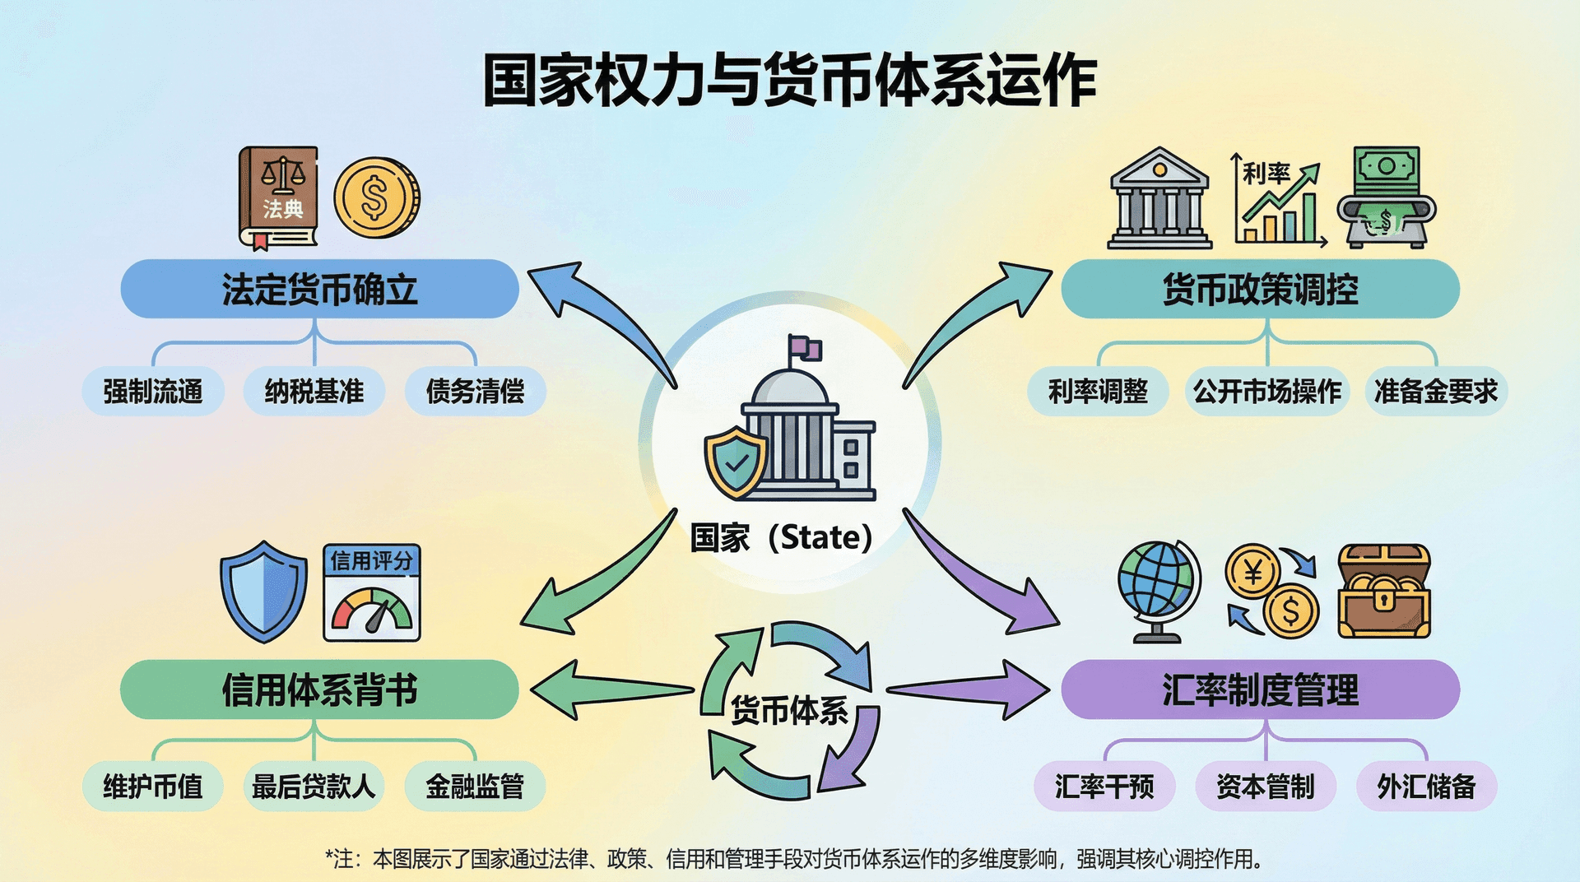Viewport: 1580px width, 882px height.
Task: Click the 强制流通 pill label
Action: [x=153, y=392]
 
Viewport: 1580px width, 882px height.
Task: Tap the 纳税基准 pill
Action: [x=314, y=392]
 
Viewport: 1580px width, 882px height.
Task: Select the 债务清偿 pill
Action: [x=476, y=392]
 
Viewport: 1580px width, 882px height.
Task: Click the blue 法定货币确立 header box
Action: [x=319, y=290]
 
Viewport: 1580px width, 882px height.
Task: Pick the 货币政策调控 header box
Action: [x=1260, y=290]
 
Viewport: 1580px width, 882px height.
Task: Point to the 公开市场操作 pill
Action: [x=1267, y=392]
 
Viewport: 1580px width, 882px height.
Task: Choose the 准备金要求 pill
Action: [x=1436, y=392]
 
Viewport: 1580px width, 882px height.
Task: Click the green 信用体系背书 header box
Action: [x=319, y=689]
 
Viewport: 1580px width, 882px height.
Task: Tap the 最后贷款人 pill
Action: [x=314, y=787]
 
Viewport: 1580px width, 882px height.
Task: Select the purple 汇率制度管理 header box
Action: [x=1260, y=689]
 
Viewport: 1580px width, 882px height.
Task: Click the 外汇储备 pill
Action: [x=1426, y=787]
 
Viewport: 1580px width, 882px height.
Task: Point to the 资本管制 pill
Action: [x=1266, y=787]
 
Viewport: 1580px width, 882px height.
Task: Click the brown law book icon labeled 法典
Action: [x=278, y=197]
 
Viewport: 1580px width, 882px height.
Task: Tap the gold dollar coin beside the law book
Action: [x=376, y=198]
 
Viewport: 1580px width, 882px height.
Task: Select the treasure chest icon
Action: [x=1384, y=592]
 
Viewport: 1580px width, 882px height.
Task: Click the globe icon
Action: [x=1156, y=586]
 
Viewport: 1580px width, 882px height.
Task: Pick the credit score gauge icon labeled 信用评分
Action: [x=372, y=592]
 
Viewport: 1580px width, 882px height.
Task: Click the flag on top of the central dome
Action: [x=805, y=349]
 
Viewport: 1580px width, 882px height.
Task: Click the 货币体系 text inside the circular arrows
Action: [x=789, y=710]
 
